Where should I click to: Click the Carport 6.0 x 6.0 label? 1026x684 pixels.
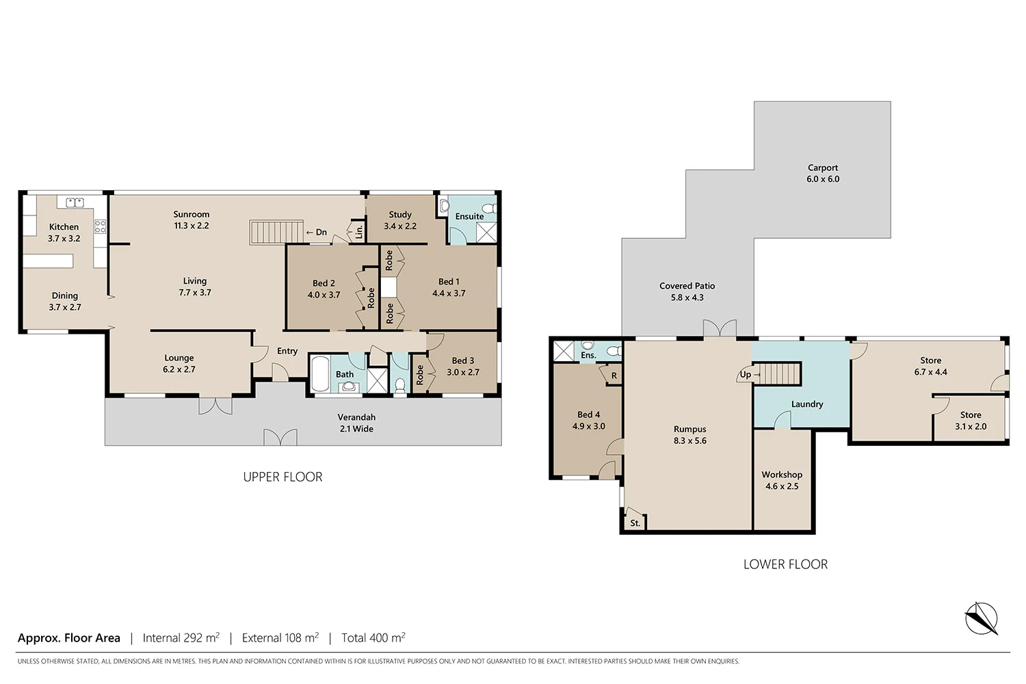tap(822, 173)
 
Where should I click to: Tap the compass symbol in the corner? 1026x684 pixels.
tap(981, 618)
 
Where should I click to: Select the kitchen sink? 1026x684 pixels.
tap(75, 202)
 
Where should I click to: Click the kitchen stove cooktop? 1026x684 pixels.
tap(100, 226)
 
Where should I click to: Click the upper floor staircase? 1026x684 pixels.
tap(276, 232)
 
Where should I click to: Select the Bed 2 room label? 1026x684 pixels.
tap(324, 289)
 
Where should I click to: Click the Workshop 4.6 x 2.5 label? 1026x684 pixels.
tap(782, 480)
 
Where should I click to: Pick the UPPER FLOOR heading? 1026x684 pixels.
tap(282, 477)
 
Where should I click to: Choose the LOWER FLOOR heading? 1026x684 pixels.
tap(785, 564)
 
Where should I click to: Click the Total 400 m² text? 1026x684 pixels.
tap(373, 637)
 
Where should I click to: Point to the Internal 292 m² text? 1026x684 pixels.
tap(181, 637)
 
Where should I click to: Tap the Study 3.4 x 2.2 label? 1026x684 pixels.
tap(400, 220)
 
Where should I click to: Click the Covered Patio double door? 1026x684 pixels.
tap(720, 328)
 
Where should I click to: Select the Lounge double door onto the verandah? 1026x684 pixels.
tap(215, 405)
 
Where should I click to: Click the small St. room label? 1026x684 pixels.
tap(635, 523)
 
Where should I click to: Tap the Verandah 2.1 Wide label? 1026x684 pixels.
tap(356, 423)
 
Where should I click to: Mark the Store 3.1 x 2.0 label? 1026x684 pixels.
tap(970, 421)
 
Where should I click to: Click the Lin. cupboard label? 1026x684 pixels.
tap(359, 231)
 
